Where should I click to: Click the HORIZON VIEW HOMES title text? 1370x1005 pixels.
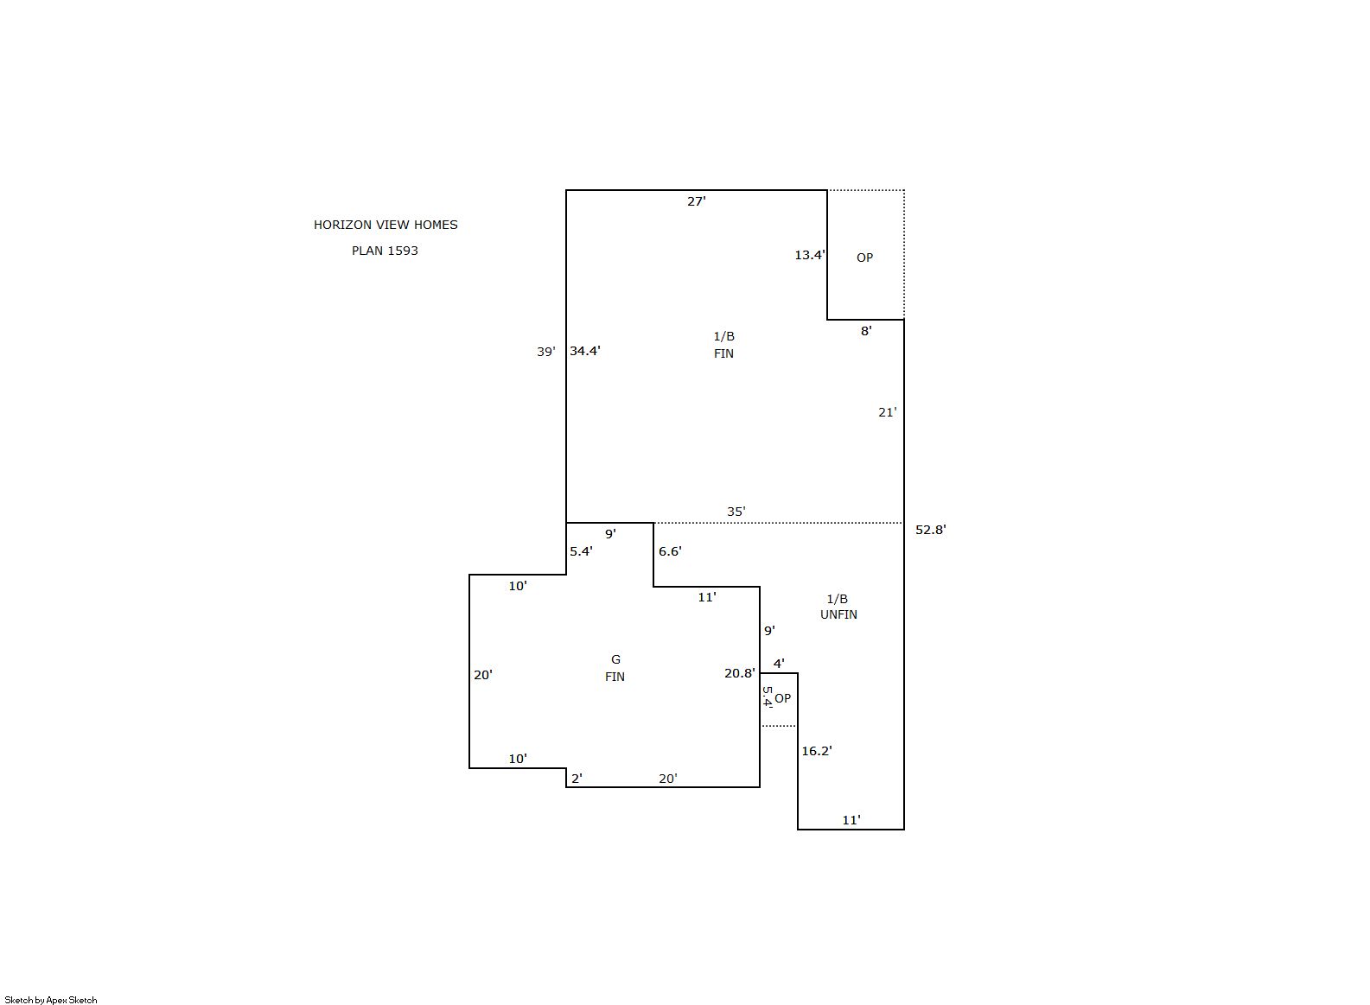point(386,225)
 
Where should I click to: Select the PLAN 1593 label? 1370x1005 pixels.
point(385,251)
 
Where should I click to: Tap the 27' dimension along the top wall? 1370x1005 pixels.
point(697,201)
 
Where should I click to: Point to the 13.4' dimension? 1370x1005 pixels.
point(810,255)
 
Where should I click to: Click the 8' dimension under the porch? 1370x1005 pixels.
point(866,331)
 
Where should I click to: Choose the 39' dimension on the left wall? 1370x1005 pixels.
point(546,352)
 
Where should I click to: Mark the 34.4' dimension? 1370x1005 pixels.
point(584,350)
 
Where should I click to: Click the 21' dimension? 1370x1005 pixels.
point(888,412)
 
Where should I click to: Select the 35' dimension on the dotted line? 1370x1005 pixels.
point(736,511)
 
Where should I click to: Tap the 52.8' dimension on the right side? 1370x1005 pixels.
point(931,530)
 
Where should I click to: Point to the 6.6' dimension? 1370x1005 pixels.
point(670,550)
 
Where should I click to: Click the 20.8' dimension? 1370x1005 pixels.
point(740,672)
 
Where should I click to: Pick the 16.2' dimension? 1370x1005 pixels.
point(817,751)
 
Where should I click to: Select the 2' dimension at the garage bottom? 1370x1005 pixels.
point(577,779)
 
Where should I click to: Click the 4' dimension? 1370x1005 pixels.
point(779,664)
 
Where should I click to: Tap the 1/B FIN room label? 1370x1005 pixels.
point(723,344)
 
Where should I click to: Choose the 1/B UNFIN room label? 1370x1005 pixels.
point(838,607)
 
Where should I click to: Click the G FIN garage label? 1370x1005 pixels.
point(615,668)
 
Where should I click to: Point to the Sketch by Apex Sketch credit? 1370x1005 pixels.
point(51,1000)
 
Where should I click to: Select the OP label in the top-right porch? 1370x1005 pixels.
point(865,258)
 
